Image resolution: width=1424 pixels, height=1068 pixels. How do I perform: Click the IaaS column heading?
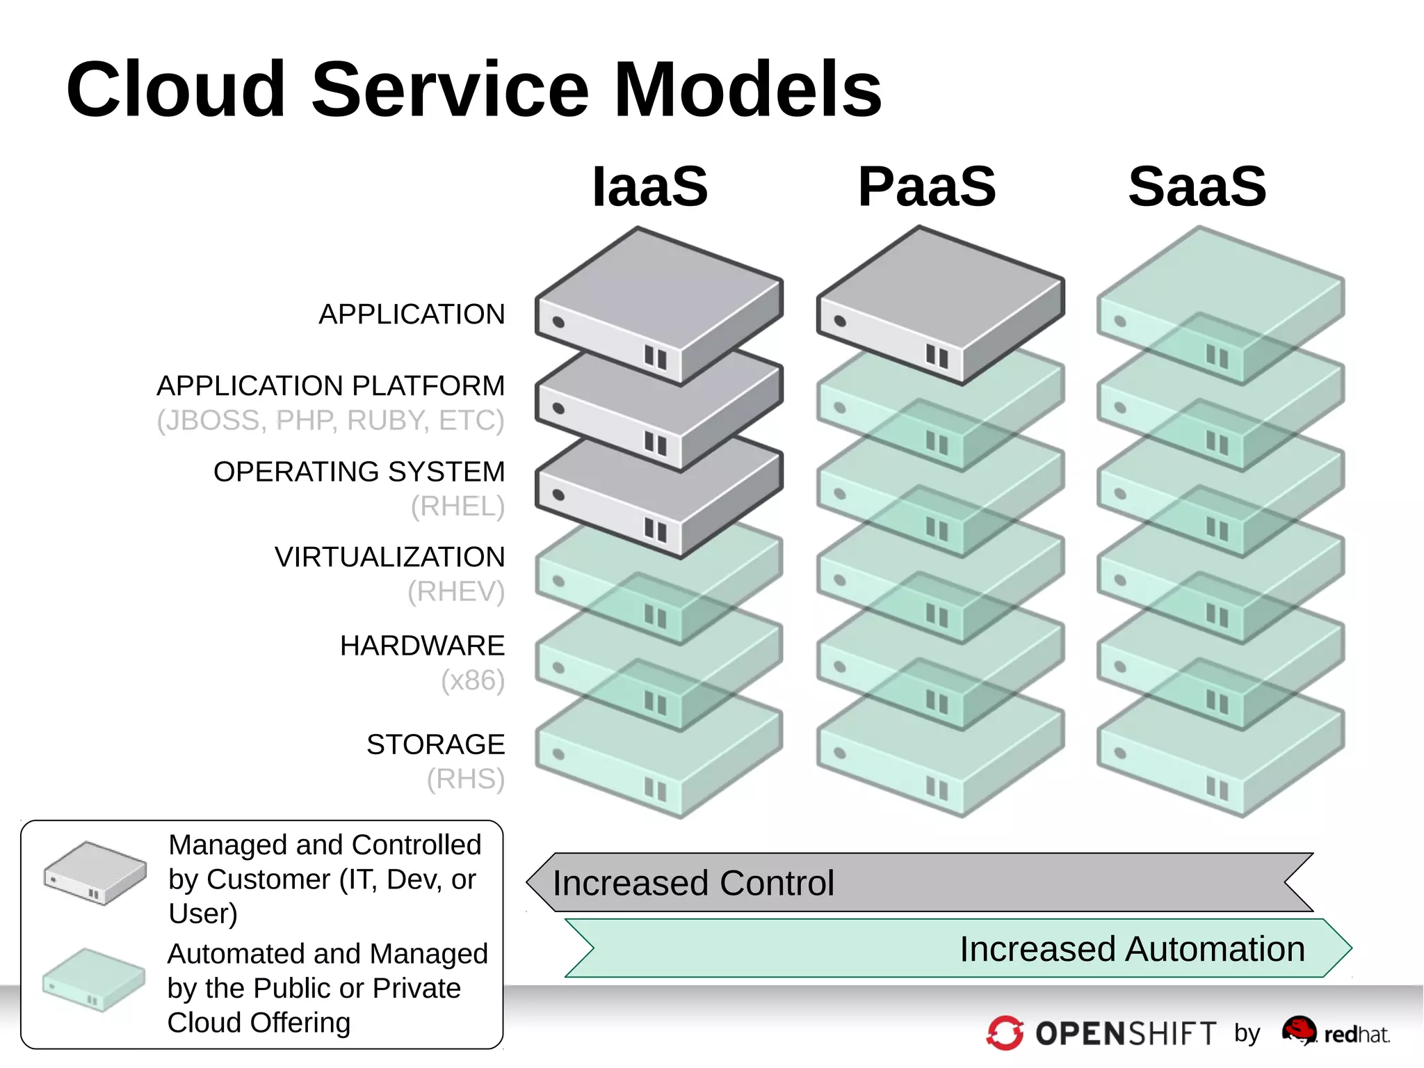(x=649, y=186)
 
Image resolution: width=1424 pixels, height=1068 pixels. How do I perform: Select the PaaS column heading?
(x=927, y=186)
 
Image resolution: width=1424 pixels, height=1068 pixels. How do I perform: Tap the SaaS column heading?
(x=1197, y=186)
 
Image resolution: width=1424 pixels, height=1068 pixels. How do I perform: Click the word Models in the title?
(x=748, y=90)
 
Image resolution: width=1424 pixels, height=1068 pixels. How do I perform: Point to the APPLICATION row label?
(x=412, y=314)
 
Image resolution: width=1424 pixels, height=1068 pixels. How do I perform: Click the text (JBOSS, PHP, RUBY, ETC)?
(x=330, y=420)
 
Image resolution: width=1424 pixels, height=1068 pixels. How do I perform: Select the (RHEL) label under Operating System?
(x=458, y=507)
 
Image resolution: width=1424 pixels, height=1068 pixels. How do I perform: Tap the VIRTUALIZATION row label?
(x=389, y=557)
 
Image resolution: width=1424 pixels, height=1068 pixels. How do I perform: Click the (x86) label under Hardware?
(x=473, y=680)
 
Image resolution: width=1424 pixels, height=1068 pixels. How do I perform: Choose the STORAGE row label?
(x=435, y=744)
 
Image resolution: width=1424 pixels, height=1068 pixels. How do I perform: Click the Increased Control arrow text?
(x=693, y=883)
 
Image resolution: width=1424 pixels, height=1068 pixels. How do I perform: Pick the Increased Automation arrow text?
(x=1132, y=949)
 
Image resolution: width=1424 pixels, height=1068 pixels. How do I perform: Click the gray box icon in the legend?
(x=95, y=873)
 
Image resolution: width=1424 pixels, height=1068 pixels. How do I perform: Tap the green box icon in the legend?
(x=94, y=979)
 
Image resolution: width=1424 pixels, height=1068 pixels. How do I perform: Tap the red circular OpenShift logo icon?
(x=1005, y=1033)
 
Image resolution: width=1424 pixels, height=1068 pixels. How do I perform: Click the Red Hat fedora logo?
(x=1299, y=1030)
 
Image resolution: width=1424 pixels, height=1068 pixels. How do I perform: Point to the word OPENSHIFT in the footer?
(x=1126, y=1034)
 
